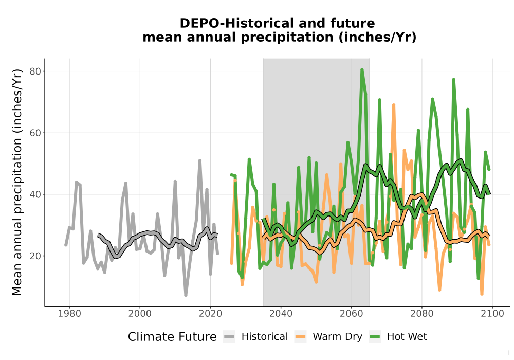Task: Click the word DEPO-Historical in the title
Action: point(236,23)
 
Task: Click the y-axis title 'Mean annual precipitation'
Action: point(17,206)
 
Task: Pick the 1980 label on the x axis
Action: point(69,314)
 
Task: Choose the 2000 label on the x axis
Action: point(140,314)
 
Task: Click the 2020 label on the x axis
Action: point(210,314)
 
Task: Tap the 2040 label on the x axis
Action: point(281,314)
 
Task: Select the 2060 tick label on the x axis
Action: point(352,314)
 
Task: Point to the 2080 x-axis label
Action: point(422,314)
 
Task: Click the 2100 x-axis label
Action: point(492,314)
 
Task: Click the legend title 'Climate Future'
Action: point(172,337)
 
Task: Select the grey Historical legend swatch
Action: point(229,336)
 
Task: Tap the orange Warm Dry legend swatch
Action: point(300,336)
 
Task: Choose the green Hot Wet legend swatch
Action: point(375,336)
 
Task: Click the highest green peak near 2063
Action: point(362,69)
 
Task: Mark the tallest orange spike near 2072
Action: point(394,105)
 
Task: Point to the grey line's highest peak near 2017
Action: point(199,160)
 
